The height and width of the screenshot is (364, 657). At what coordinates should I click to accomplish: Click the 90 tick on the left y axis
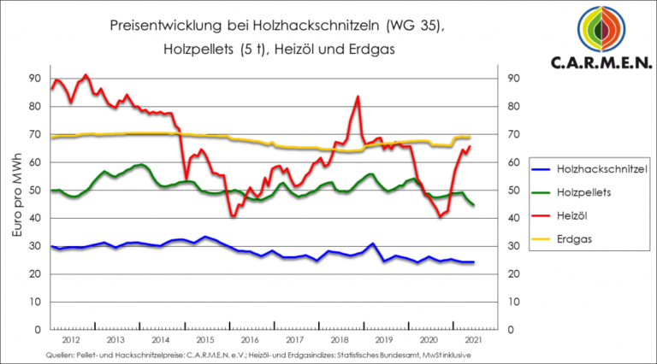coord(34,79)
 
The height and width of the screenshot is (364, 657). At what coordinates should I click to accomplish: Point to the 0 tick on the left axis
coord(38,330)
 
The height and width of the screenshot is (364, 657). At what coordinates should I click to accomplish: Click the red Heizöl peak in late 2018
coord(358,97)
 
